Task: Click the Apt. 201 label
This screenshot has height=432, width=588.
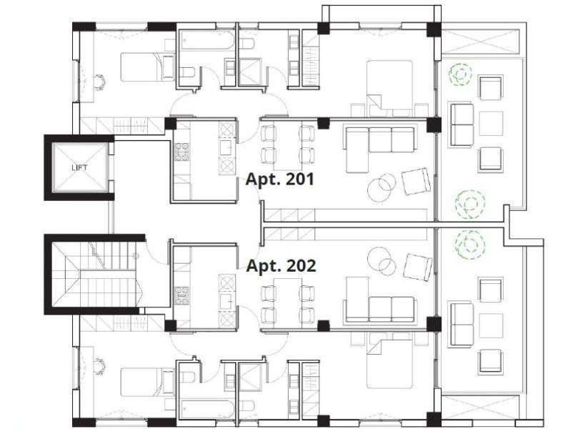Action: (x=280, y=179)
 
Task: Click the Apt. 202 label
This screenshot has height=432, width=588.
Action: (x=281, y=266)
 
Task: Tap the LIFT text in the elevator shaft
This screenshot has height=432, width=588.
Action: (x=79, y=167)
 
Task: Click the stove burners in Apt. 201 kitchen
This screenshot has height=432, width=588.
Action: (x=181, y=151)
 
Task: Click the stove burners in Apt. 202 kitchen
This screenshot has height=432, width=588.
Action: (x=181, y=295)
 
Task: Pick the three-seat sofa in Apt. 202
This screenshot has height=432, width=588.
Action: (x=380, y=309)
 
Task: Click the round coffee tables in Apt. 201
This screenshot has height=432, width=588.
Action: (x=382, y=186)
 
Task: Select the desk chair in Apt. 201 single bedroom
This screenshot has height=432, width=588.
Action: (x=100, y=82)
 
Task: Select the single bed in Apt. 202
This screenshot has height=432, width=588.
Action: (x=147, y=381)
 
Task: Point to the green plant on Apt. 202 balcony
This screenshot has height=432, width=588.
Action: (x=470, y=245)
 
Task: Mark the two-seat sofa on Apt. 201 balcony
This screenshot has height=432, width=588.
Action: (x=462, y=125)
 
